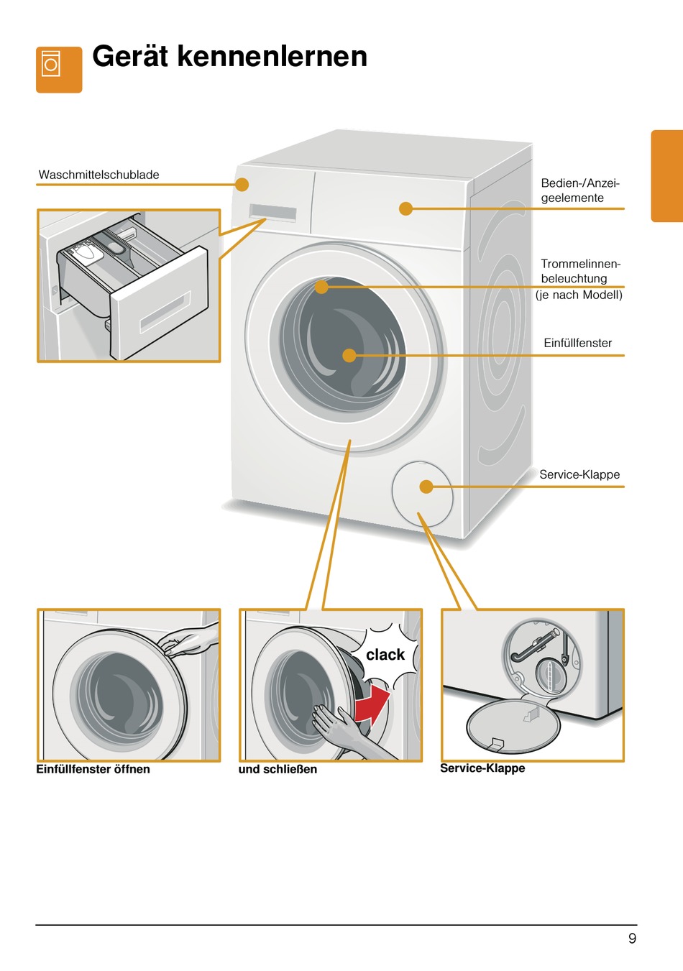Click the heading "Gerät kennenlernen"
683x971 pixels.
click(x=229, y=56)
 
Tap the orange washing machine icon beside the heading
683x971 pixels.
click(x=59, y=70)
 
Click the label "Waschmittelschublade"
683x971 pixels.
click(x=99, y=175)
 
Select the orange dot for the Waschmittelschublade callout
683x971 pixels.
click(x=242, y=185)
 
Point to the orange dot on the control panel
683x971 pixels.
click(x=405, y=208)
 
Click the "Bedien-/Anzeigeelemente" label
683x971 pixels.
click(x=579, y=190)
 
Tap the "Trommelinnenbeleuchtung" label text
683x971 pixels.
click(x=579, y=271)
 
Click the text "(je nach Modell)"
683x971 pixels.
click(x=579, y=295)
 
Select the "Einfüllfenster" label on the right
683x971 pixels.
click(x=577, y=343)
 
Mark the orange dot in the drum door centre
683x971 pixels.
click(x=349, y=355)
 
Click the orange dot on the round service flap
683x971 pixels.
click(x=426, y=487)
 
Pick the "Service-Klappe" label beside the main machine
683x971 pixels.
click(x=579, y=474)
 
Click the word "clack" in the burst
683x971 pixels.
click(x=385, y=655)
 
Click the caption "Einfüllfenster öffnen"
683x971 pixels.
click(x=93, y=769)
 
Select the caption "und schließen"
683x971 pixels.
click(x=278, y=769)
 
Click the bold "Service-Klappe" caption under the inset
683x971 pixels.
click(x=482, y=768)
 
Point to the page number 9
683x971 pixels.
click(x=632, y=938)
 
